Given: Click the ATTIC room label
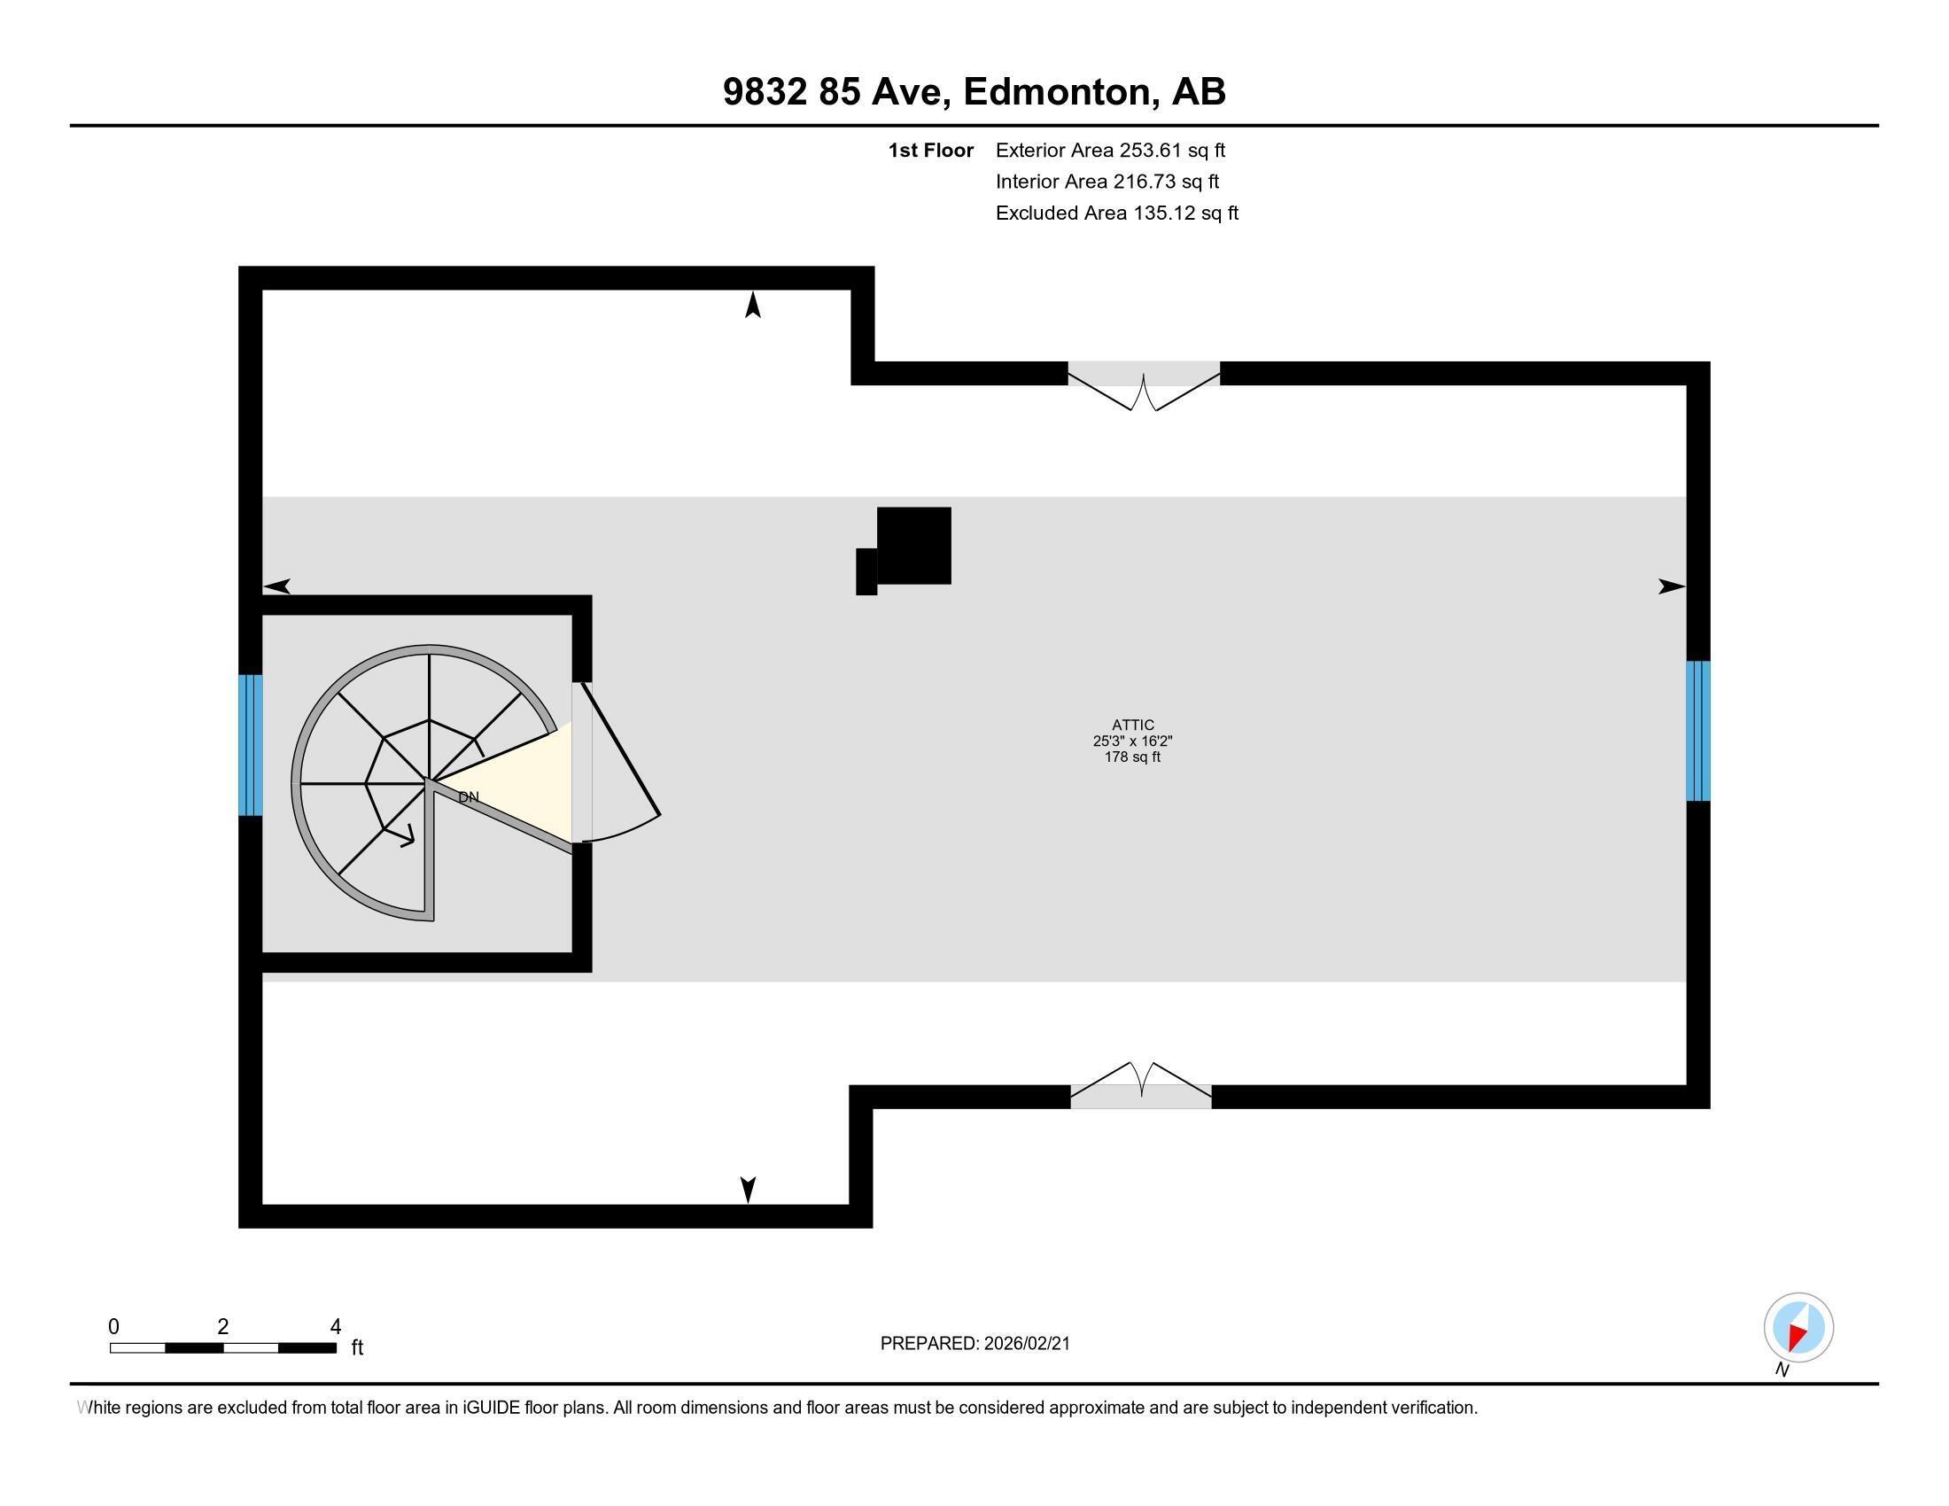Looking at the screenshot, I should point(1132,726).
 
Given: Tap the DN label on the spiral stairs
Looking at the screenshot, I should point(469,796).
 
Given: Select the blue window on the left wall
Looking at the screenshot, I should point(250,745).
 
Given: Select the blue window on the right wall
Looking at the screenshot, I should point(1697,731).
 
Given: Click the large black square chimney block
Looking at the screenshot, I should point(914,545).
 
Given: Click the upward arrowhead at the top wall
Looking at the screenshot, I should point(753,305).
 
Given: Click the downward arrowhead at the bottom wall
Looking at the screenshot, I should point(748,1188).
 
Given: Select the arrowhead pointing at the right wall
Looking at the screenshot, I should point(1671,586).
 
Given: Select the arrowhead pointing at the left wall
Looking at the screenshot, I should point(277,586).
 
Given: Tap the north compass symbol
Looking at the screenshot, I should point(1798,1328).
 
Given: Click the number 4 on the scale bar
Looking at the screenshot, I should point(336,1327).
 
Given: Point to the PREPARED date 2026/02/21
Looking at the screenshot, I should point(1026,1344).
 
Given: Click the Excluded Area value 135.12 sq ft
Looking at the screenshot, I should point(1185,213).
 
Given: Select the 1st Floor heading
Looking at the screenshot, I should point(930,151).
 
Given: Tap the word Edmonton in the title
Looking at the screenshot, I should point(1056,92).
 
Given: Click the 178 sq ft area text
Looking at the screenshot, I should point(1132,757).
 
